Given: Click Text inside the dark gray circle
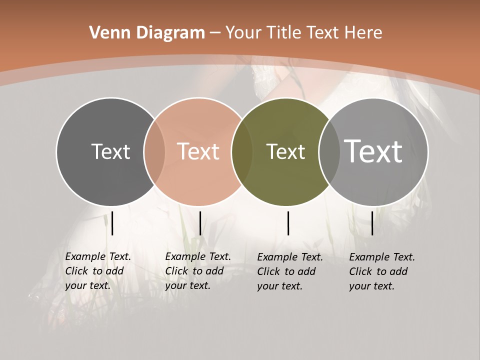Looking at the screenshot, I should point(110,151).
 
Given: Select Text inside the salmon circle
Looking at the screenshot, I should point(198,151).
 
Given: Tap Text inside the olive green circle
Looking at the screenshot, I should point(285,151).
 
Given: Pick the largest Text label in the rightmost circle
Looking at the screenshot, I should point(373,151).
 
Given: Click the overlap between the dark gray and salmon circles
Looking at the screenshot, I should point(154,151).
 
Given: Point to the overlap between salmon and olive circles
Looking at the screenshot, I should point(242,151).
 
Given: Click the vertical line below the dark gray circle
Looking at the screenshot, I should point(112,223).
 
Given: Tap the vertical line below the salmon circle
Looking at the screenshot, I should point(200,223).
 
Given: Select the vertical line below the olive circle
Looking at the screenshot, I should point(288,223).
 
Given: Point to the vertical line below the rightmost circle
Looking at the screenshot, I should point(372,223).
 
